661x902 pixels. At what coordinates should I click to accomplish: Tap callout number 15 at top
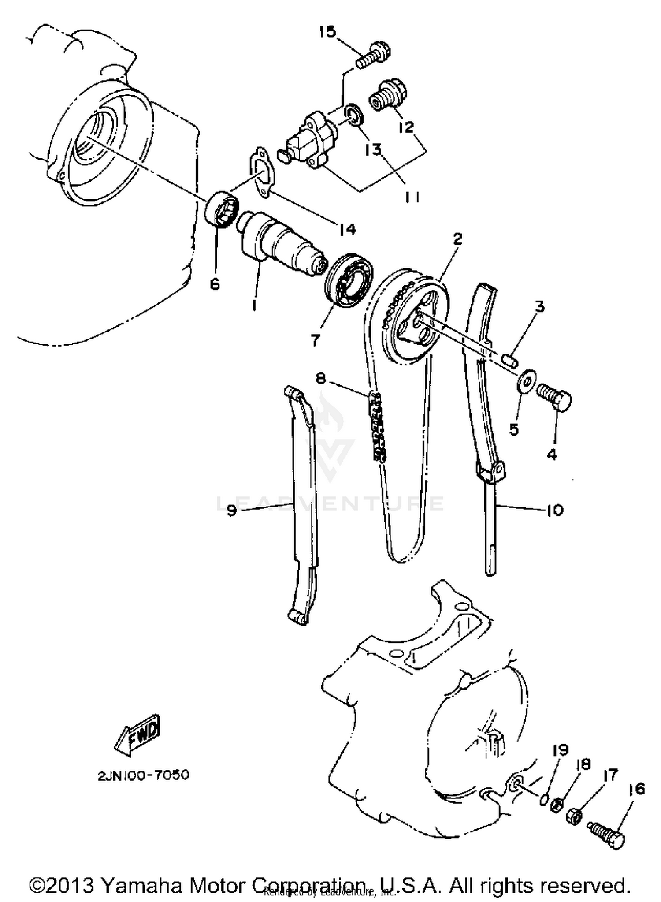point(327,32)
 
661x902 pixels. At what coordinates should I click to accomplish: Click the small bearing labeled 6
point(223,209)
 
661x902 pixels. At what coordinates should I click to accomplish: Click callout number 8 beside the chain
point(321,378)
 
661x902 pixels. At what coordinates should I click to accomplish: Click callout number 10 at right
point(555,510)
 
